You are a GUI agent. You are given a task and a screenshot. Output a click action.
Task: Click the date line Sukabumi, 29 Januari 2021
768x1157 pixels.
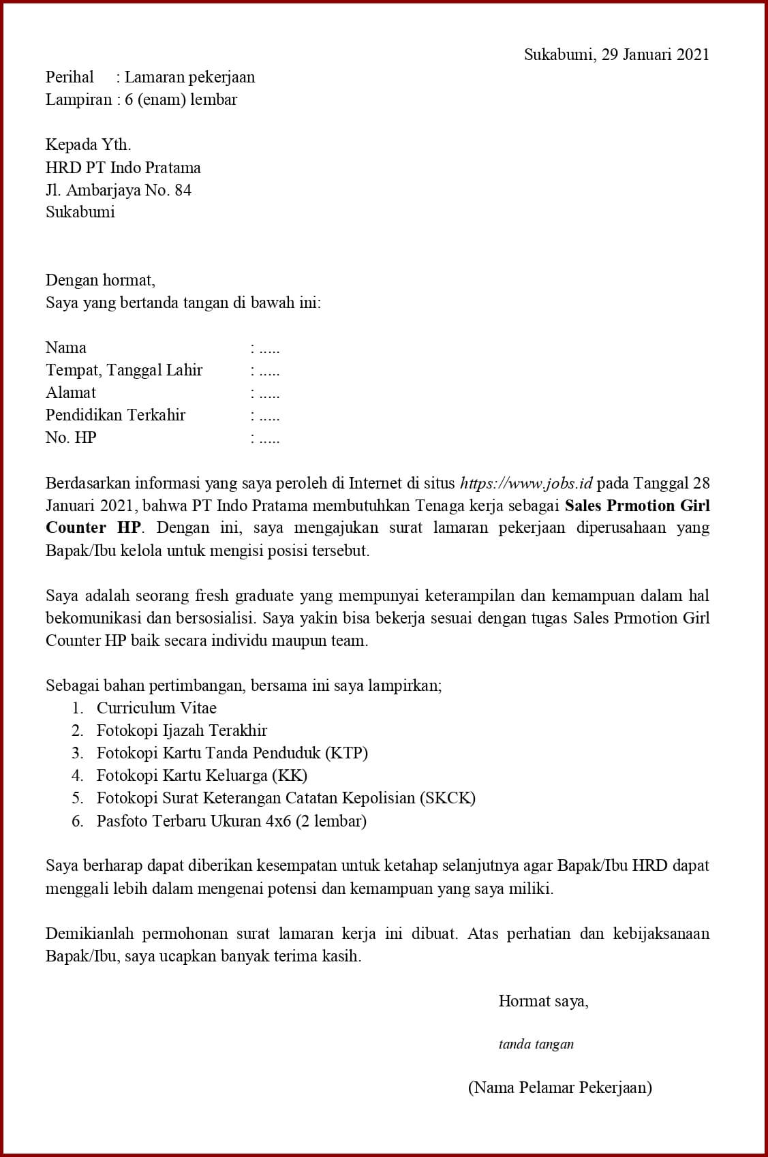click(616, 55)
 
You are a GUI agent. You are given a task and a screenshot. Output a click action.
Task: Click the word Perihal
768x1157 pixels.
click(70, 77)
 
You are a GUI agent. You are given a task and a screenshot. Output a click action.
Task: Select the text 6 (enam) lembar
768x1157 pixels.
click(181, 99)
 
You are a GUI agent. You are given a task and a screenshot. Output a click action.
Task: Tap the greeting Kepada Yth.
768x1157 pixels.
click(88, 144)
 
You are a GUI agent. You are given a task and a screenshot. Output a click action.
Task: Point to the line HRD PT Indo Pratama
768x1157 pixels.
click(123, 167)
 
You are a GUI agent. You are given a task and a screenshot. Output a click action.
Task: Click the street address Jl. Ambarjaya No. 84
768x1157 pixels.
click(118, 189)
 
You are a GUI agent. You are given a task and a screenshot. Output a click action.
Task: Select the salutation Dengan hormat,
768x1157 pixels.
click(100, 279)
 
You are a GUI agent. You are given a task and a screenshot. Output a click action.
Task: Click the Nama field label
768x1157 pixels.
click(66, 348)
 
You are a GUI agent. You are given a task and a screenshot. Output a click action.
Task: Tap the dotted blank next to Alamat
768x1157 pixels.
click(266, 393)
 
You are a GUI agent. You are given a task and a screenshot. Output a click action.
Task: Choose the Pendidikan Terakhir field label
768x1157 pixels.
click(115, 415)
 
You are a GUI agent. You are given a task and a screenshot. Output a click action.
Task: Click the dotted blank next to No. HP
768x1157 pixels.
click(266, 438)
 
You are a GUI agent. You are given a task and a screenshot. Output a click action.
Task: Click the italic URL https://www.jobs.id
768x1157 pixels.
click(526, 483)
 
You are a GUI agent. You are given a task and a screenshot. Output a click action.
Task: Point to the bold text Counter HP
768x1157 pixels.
click(93, 528)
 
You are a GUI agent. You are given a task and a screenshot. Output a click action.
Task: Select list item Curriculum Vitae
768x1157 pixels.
click(156, 708)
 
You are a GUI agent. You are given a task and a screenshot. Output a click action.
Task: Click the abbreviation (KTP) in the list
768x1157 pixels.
click(346, 753)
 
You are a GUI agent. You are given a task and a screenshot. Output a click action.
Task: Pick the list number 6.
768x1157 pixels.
click(78, 821)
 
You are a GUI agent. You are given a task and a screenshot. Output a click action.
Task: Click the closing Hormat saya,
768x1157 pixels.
click(543, 1001)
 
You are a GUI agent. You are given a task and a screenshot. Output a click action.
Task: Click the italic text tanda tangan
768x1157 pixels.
click(536, 1044)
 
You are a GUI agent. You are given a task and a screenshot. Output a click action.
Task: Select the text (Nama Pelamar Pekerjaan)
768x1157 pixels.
click(559, 1087)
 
